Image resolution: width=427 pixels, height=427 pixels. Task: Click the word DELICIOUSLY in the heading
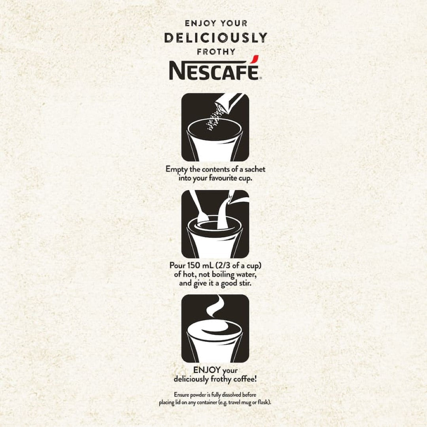(215, 38)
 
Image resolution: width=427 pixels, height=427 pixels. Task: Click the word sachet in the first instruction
(253, 169)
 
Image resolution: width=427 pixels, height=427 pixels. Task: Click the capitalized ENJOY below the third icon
(207, 370)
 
